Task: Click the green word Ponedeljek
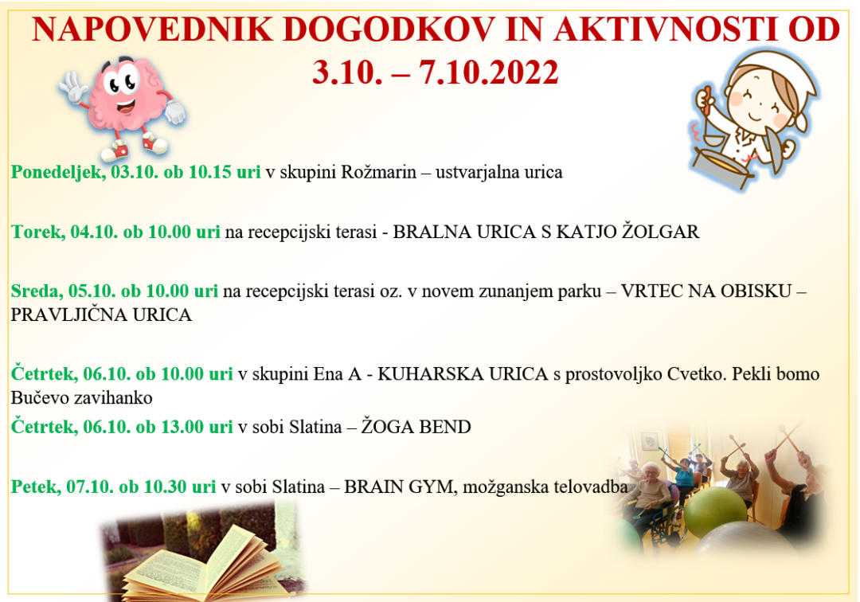tap(55, 173)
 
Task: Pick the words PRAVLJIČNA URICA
tap(101, 315)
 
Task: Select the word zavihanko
tap(111, 397)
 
